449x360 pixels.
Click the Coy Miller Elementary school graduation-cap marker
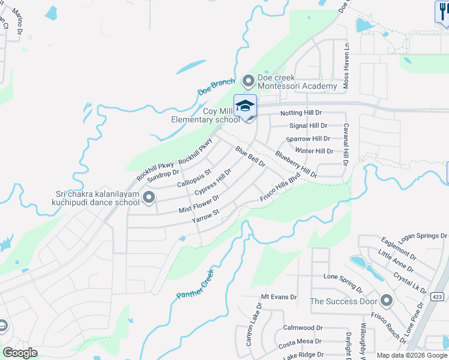tap(245, 106)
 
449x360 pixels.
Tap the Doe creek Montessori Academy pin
tap(248, 80)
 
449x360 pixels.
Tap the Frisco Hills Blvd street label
tap(279, 188)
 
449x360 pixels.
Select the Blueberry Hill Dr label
tap(296, 163)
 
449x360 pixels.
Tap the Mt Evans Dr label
tap(279, 297)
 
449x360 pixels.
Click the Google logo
tap(20, 352)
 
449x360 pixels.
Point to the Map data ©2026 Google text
tap(412, 355)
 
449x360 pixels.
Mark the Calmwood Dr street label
tap(303, 328)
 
